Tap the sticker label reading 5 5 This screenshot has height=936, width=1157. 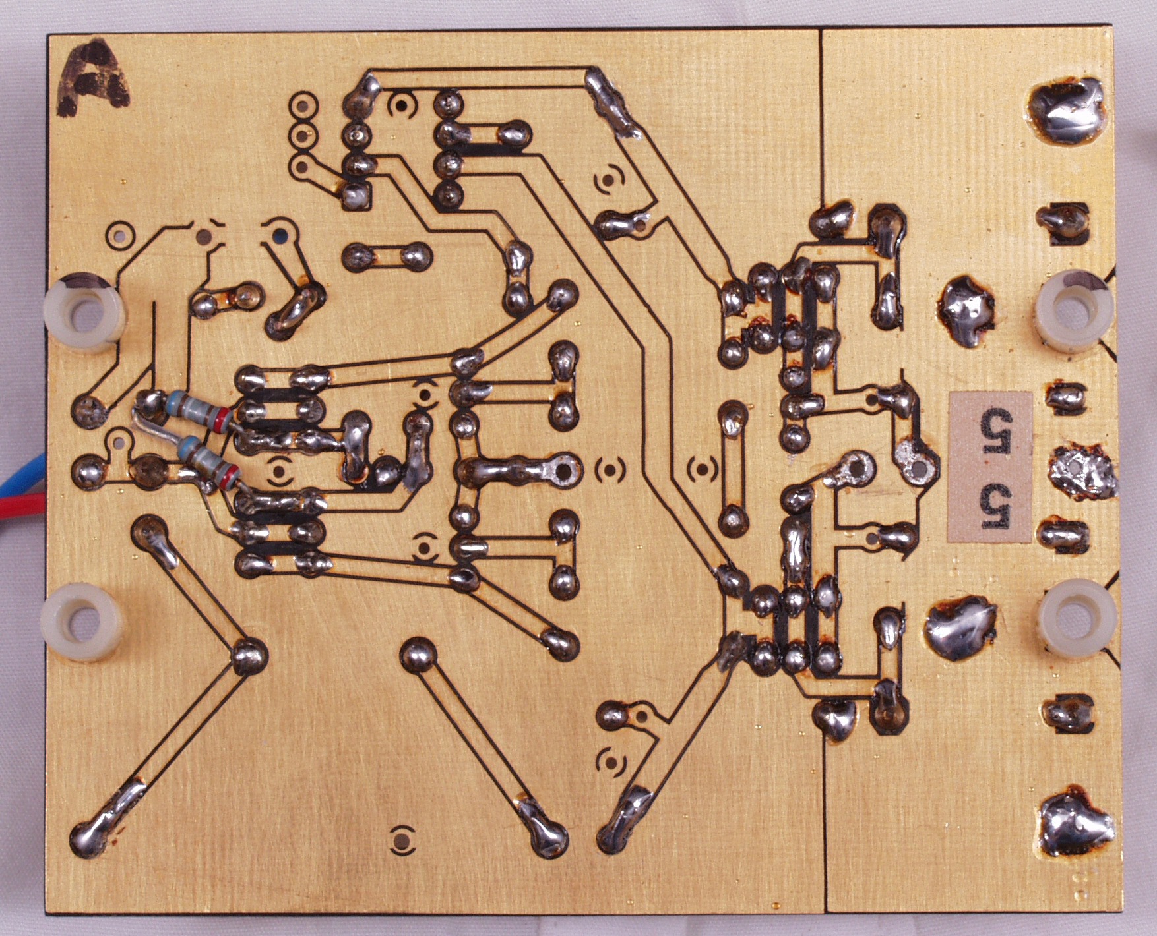(x=989, y=467)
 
